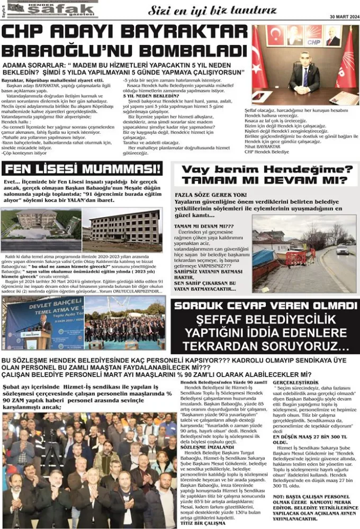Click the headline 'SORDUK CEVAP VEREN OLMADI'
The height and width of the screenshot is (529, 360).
pos(265,306)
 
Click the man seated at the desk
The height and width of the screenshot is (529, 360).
pos(304,71)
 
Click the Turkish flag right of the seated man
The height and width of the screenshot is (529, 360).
pos(347,63)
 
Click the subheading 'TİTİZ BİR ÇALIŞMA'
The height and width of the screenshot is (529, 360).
pos(200,523)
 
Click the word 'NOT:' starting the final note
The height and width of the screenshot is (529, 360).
pos(279,496)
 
